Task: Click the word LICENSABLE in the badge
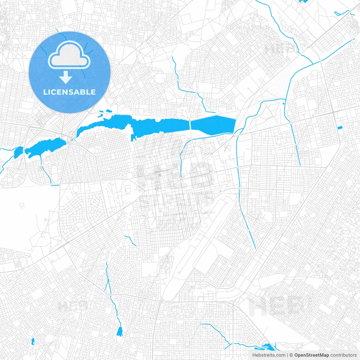click(x=69, y=92)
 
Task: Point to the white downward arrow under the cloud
click(x=66, y=77)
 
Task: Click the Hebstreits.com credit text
click(x=269, y=355)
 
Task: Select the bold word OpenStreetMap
click(x=311, y=355)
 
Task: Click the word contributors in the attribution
click(x=343, y=355)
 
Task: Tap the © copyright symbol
click(x=291, y=355)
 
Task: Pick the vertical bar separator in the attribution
click(x=287, y=355)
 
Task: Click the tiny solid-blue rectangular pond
click(x=339, y=128)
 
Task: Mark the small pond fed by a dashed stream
click(x=120, y=332)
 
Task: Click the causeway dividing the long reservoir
click(x=190, y=125)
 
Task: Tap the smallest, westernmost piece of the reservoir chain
click(x=18, y=152)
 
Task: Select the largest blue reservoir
click(x=141, y=125)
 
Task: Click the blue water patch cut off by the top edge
click(x=303, y=1)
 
